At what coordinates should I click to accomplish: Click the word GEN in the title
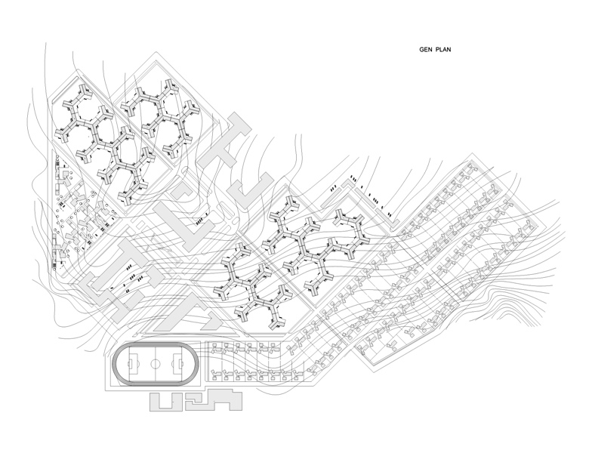(426, 50)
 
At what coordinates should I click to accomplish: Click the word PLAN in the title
(443, 50)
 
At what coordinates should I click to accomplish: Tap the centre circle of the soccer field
(156, 364)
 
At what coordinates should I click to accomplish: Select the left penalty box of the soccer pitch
(133, 364)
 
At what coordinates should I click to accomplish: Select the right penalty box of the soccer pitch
(178, 364)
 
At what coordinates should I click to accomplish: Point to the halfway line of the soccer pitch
(156, 364)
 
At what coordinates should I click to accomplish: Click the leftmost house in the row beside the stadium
(216, 346)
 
